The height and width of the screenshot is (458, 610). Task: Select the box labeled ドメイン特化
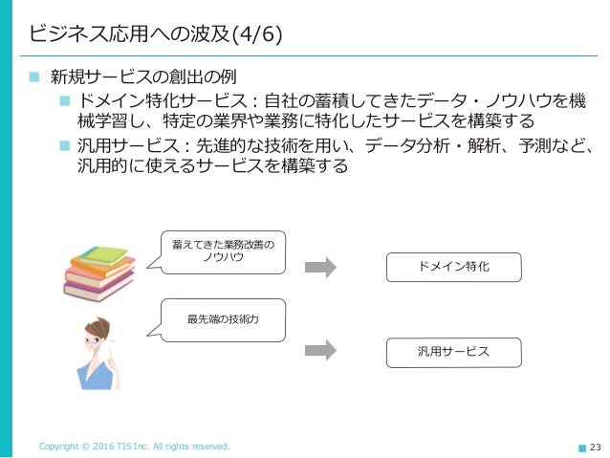pyautogui.click(x=453, y=267)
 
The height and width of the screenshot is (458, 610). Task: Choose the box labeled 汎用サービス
pyautogui.click(x=453, y=352)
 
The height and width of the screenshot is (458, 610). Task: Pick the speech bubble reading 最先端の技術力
pyautogui.click(x=222, y=320)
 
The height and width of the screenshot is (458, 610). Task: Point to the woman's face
pyautogui.click(x=98, y=338)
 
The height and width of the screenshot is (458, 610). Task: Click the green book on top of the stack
pyautogui.click(x=102, y=255)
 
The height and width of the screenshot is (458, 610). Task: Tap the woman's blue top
pyautogui.click(x=96, y=373)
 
